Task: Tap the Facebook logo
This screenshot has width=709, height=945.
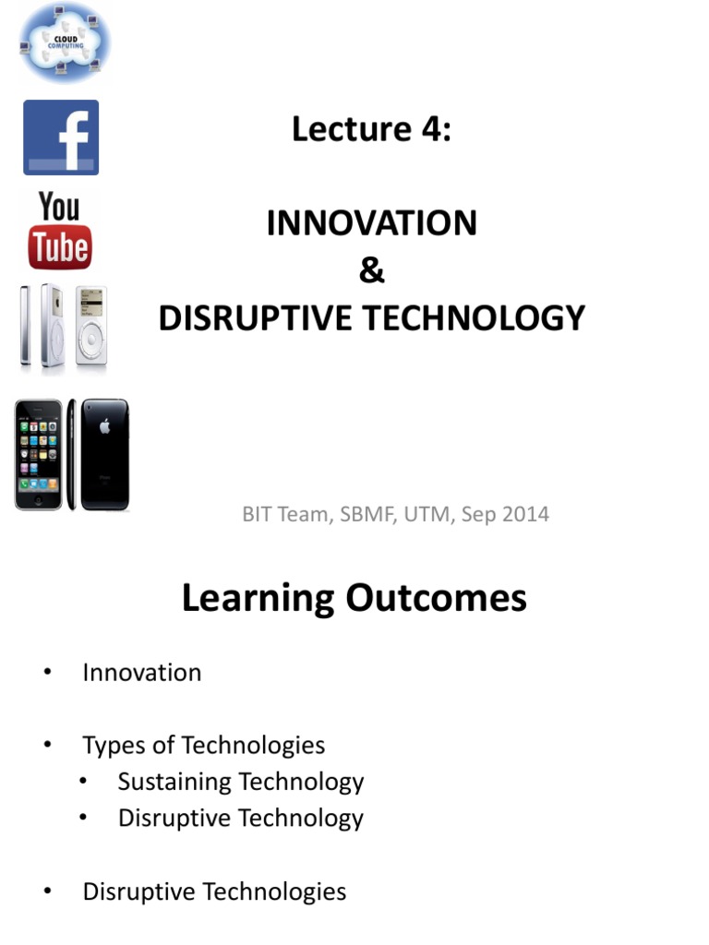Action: tap(61, 138)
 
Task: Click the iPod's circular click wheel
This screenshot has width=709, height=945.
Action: tap(90, 341)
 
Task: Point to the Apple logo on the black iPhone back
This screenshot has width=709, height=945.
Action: tap(104, 425)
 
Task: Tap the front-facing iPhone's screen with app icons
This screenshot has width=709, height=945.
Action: tap(39, 456)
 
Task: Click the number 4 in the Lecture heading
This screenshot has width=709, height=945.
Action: tap(431, 129)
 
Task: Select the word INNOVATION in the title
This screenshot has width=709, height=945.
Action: tap(371, 223)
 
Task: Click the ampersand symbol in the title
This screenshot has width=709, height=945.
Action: tap(371, 270)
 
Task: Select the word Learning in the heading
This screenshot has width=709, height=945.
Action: tap(258, 598)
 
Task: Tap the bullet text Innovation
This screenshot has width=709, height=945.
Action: tap(141, 673)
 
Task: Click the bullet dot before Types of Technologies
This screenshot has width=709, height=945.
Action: tap(47, 746)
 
